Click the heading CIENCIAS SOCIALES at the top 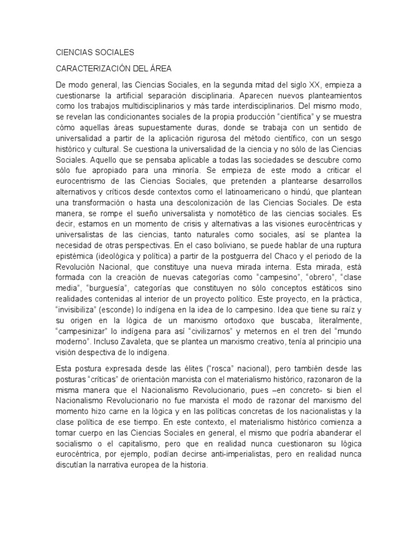(95, 52)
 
